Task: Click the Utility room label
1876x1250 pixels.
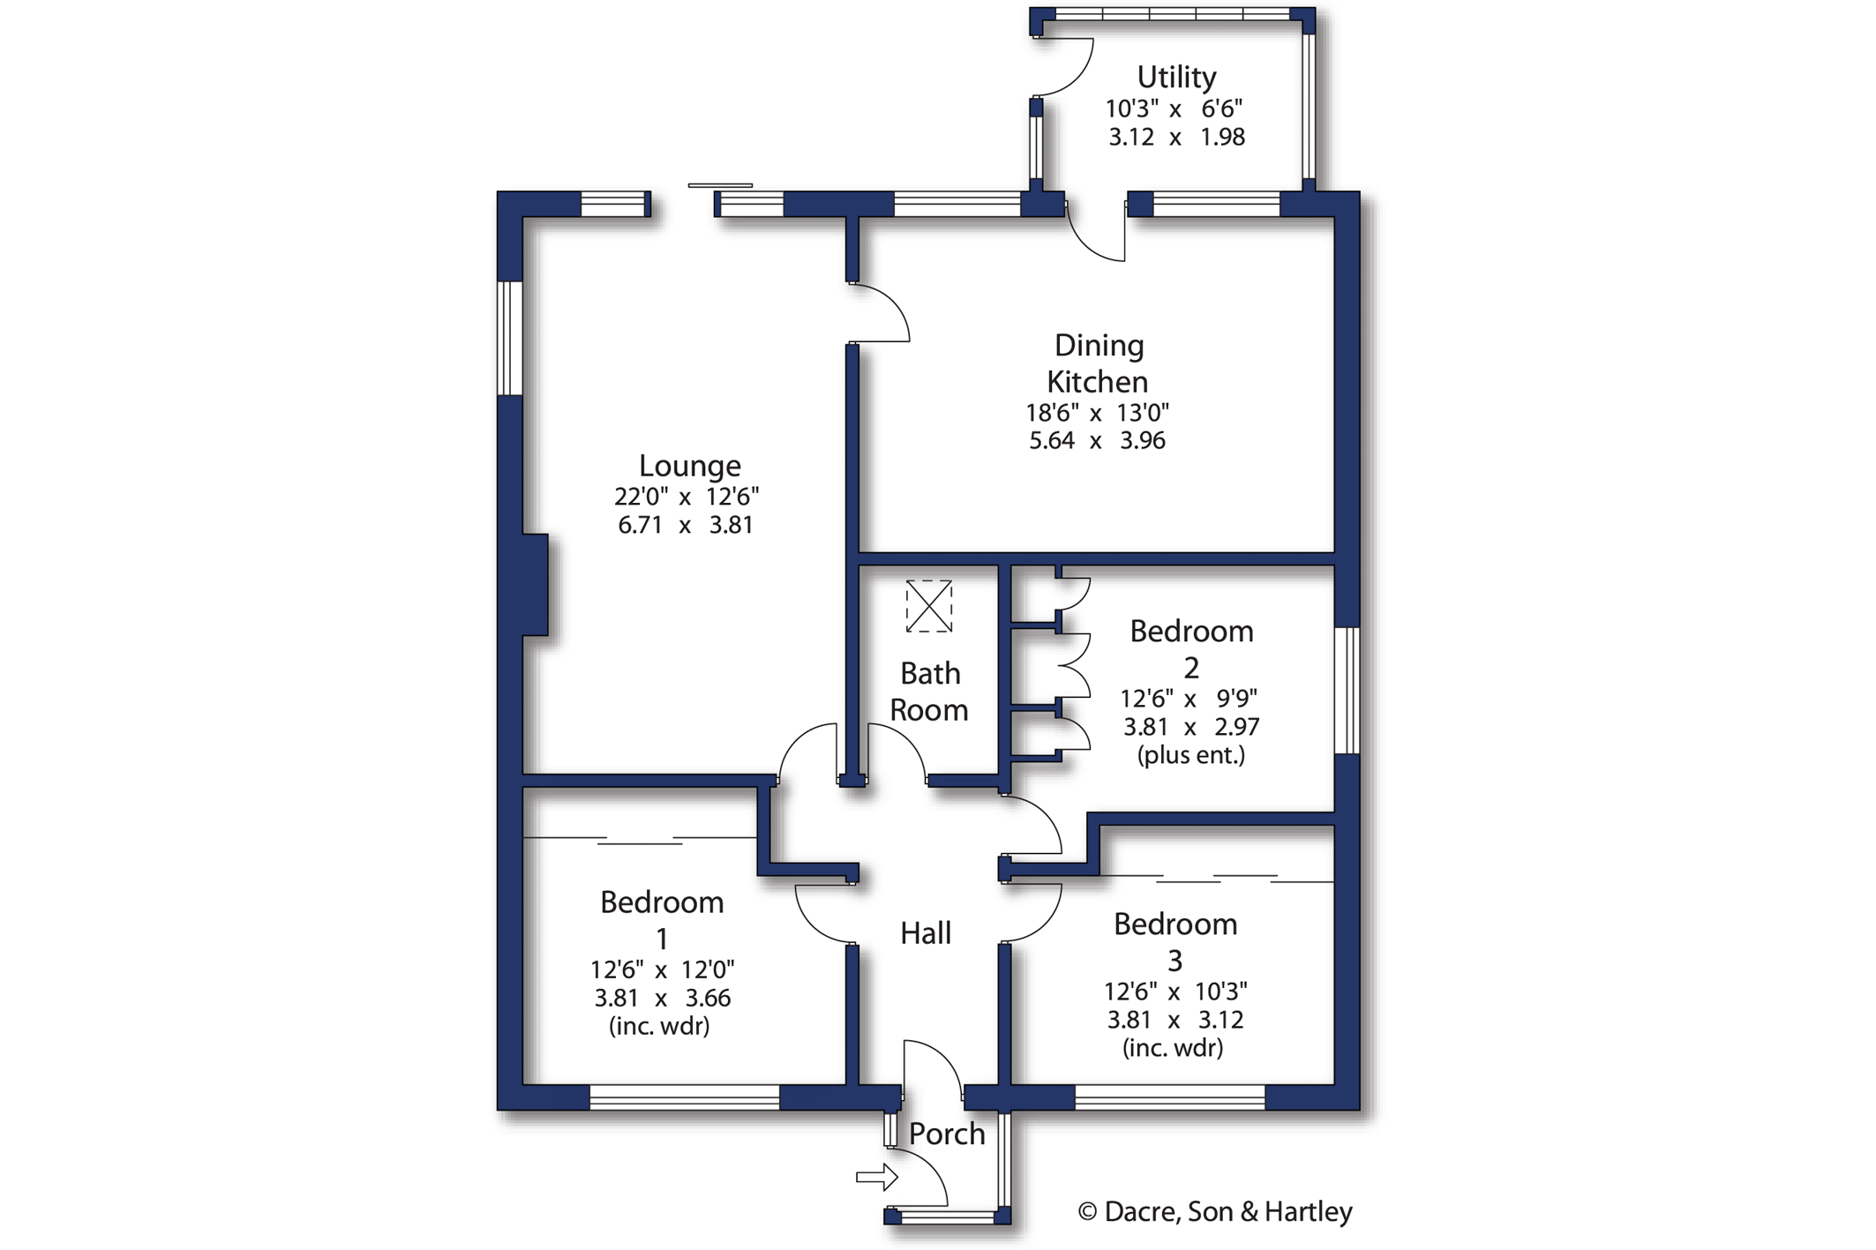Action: (1175, 78)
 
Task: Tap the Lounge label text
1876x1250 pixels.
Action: (689, 466)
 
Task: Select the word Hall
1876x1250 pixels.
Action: (925, 933)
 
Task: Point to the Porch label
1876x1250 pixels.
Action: (946, 1134)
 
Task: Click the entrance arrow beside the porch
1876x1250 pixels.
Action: (876, 1177)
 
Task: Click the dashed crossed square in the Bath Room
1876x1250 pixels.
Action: (928, 606)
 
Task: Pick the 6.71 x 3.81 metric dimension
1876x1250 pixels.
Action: (686, 526)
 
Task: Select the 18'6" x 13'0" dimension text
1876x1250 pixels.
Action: (1097, 413)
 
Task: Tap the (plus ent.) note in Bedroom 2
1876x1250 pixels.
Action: (1190, 755)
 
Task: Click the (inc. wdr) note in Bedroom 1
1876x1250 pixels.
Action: (659, 1026)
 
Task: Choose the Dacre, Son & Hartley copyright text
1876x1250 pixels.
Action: (1215, 1212)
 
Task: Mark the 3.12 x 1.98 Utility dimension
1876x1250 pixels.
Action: (1176, 138)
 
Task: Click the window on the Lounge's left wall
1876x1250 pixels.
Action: (510, 338)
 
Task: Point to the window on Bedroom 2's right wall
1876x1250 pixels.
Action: (1347, 691)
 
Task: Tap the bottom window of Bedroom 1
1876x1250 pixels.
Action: (684, 1097)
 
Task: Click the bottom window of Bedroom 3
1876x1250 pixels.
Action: (1169, 1097)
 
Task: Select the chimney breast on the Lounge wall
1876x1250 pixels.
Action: (535, 584)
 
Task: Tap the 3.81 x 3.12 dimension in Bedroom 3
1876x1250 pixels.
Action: (1175, 1021)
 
